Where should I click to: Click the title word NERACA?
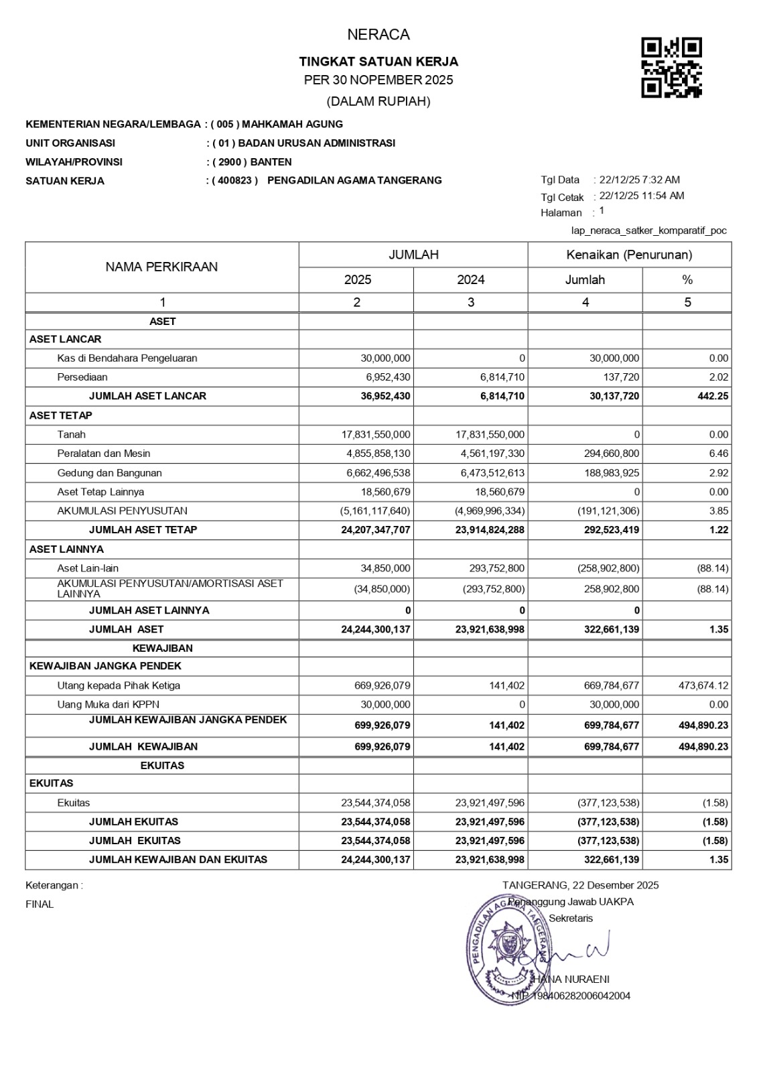(x=378, y=35)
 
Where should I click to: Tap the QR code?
(x=671, y=68)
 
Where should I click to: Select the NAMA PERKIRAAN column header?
(x=161, y=267)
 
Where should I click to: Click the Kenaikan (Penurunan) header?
(x=629, y=255)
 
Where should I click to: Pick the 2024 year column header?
(x=470, y=279)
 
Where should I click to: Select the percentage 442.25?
(x=713, y=396)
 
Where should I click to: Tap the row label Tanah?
(x=71, y=434)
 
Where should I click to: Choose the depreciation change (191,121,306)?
(x=608, y=511)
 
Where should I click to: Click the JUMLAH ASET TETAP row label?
(x=143, y=530)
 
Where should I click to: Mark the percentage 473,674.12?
(x=702, y=685)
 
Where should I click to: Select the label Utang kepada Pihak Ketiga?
(x=119, y=685)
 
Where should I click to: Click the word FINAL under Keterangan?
(x=40, y=904)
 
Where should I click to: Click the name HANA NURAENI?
(x=571, y=979)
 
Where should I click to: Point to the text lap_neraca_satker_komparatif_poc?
(x=648, y=230)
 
